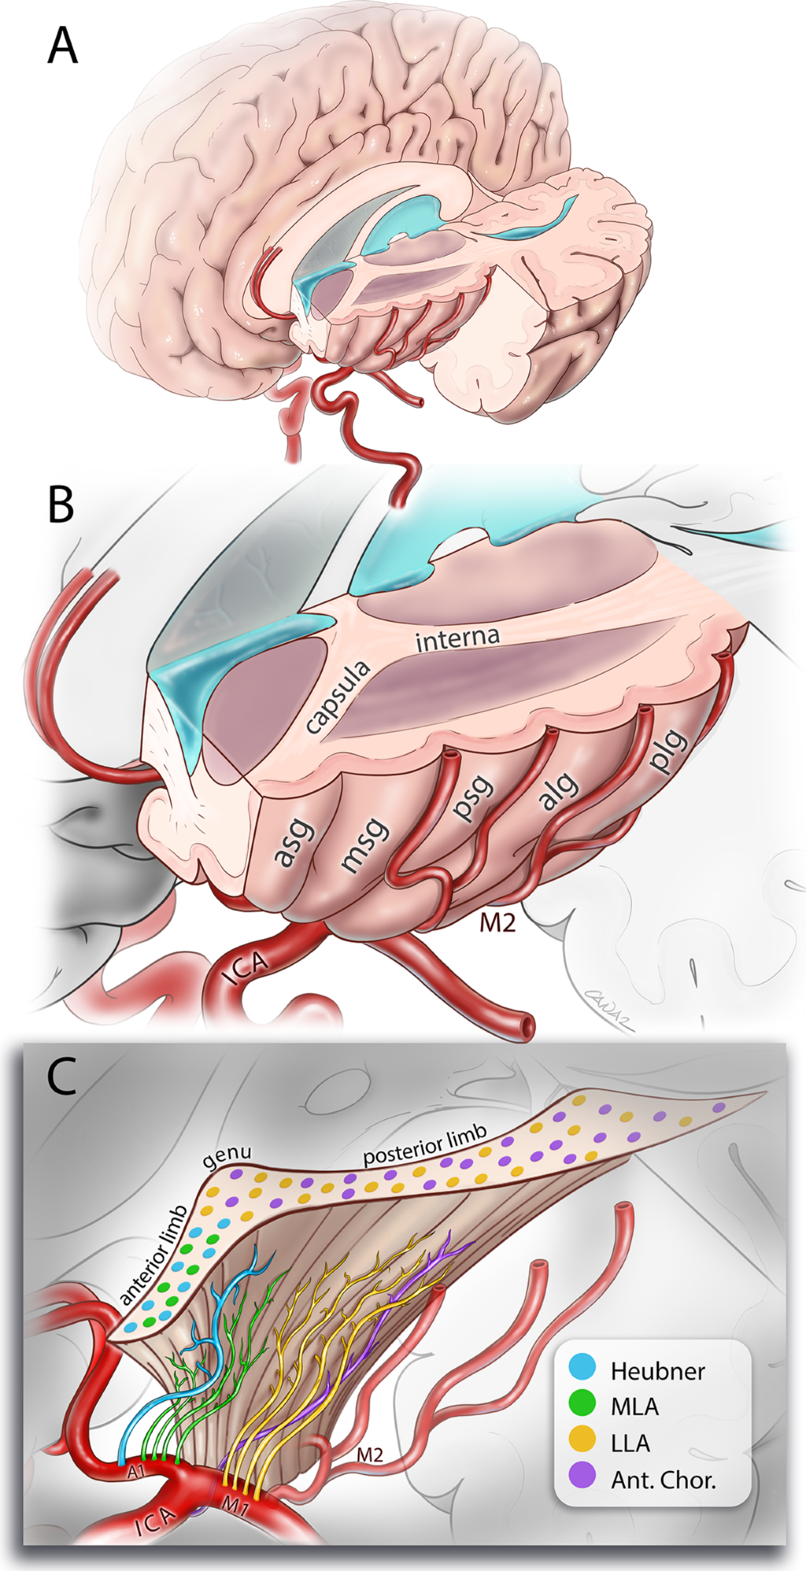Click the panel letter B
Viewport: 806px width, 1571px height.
61,505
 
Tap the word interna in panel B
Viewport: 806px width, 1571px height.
457,639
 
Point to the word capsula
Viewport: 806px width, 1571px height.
337,696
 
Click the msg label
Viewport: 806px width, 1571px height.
365,844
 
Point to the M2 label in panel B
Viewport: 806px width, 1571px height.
497,923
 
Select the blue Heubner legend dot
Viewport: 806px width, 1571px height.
582,1365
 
